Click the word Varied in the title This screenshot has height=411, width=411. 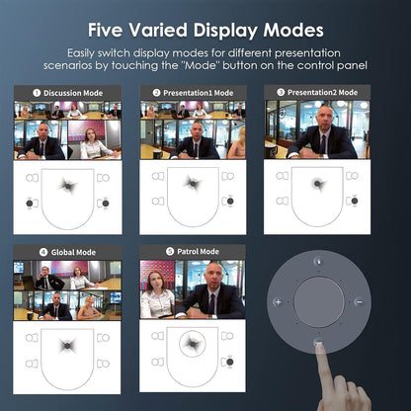point(158,30)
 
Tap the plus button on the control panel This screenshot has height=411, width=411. point(278,301)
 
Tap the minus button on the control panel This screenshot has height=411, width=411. point(360,301)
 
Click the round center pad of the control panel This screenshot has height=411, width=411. point(319,302)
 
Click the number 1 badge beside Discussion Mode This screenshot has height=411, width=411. point(37,93)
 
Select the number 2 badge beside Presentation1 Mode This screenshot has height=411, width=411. point(156,93)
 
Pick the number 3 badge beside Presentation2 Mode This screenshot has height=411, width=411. point(281,92)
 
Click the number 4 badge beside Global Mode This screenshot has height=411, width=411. point(43,252)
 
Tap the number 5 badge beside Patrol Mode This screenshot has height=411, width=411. point(170,252)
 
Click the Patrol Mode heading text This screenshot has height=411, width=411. point(198,252)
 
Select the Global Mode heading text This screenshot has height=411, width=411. point(73,252)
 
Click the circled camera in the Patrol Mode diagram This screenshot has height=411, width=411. point(193,344)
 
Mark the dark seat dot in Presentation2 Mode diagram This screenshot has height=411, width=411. point(355,201)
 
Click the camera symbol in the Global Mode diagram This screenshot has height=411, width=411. point(67,346)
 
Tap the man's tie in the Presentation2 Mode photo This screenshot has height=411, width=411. point(323,144)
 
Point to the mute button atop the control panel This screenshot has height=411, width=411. point(318,261)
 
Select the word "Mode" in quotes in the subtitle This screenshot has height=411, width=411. point(201,65)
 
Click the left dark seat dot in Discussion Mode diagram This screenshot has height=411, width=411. point(30,204)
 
